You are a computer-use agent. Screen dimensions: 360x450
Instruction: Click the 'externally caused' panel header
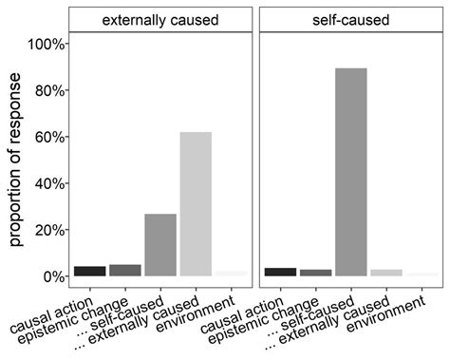coord(160,19)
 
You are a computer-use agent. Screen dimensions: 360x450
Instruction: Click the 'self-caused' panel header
coord(349,19)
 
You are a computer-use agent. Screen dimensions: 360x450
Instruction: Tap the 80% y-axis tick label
coord(48,91)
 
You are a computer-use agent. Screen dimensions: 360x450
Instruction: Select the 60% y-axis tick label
coord(48,138)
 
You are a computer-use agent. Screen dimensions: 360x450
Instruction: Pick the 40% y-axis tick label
coord(48,183)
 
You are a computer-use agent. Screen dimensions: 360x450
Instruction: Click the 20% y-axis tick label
coord(48,230)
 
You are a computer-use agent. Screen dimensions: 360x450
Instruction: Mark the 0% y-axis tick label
coord(52,276)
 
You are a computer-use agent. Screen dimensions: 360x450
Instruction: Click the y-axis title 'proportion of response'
coord(17,161)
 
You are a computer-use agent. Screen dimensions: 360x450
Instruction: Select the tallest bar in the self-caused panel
coord(350,172)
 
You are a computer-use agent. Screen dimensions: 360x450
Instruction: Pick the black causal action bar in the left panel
coord(89,271)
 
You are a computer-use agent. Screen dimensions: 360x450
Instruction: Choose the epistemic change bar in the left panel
coord(125,271)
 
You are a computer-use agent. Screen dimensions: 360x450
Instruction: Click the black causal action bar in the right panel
coord(280,272)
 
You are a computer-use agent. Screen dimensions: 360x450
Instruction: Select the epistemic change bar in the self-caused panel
coord(315,273)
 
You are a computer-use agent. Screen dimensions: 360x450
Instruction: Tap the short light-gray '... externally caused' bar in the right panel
coord(385,273)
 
